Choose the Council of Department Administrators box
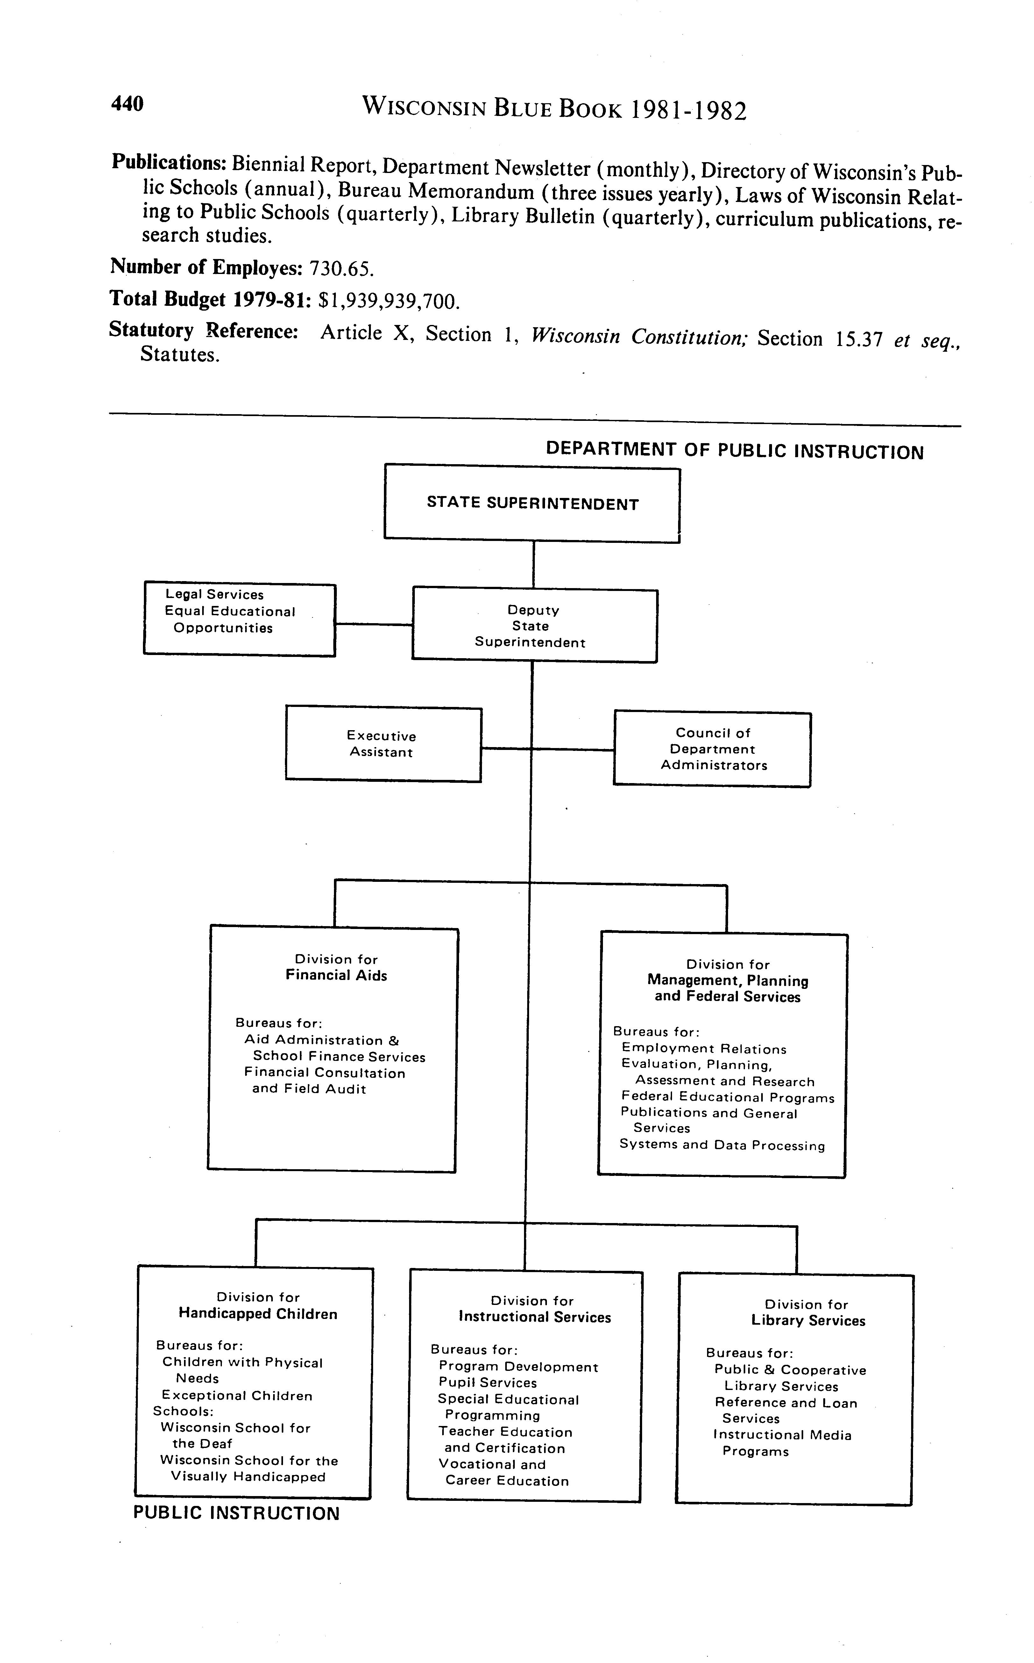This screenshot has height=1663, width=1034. (712, 749)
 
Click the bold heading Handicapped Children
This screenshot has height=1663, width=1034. (258, 1314)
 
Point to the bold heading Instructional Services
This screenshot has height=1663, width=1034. (535, 1317)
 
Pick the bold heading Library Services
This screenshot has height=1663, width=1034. (808, 1321)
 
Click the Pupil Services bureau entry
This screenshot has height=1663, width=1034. (488, 1383)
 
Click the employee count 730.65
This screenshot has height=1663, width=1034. (342, 269)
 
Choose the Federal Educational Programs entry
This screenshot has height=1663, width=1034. (728, 1098)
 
